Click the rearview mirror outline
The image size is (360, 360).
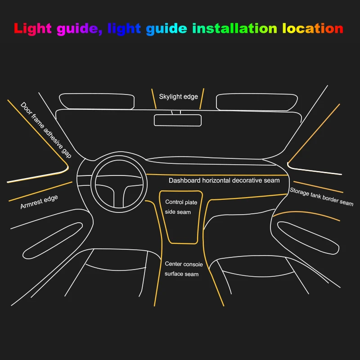178,120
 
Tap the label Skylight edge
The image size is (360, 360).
178,97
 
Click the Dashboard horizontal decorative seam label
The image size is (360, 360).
224,180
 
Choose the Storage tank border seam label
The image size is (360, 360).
321,197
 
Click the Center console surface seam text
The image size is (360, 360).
181,269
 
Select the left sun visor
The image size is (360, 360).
97,101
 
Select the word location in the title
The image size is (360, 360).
313,29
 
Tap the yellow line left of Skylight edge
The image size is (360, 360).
153,98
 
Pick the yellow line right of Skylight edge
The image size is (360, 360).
202,99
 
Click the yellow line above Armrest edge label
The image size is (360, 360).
40,191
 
